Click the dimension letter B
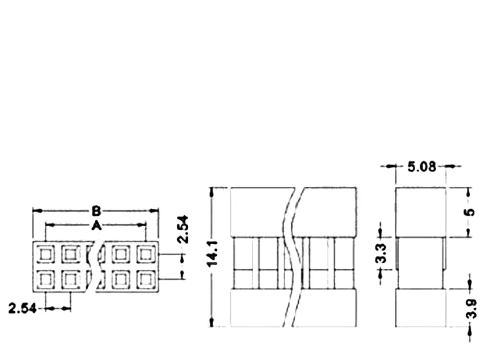(97, 211)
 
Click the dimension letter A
(97, 225)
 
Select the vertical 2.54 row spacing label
(182, 229)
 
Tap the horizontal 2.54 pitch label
(23, 309)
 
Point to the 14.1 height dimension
(213, 254)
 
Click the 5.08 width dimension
(422, 166)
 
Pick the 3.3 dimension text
(381, 253)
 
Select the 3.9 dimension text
(471, 309)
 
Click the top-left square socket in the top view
(46, 254)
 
